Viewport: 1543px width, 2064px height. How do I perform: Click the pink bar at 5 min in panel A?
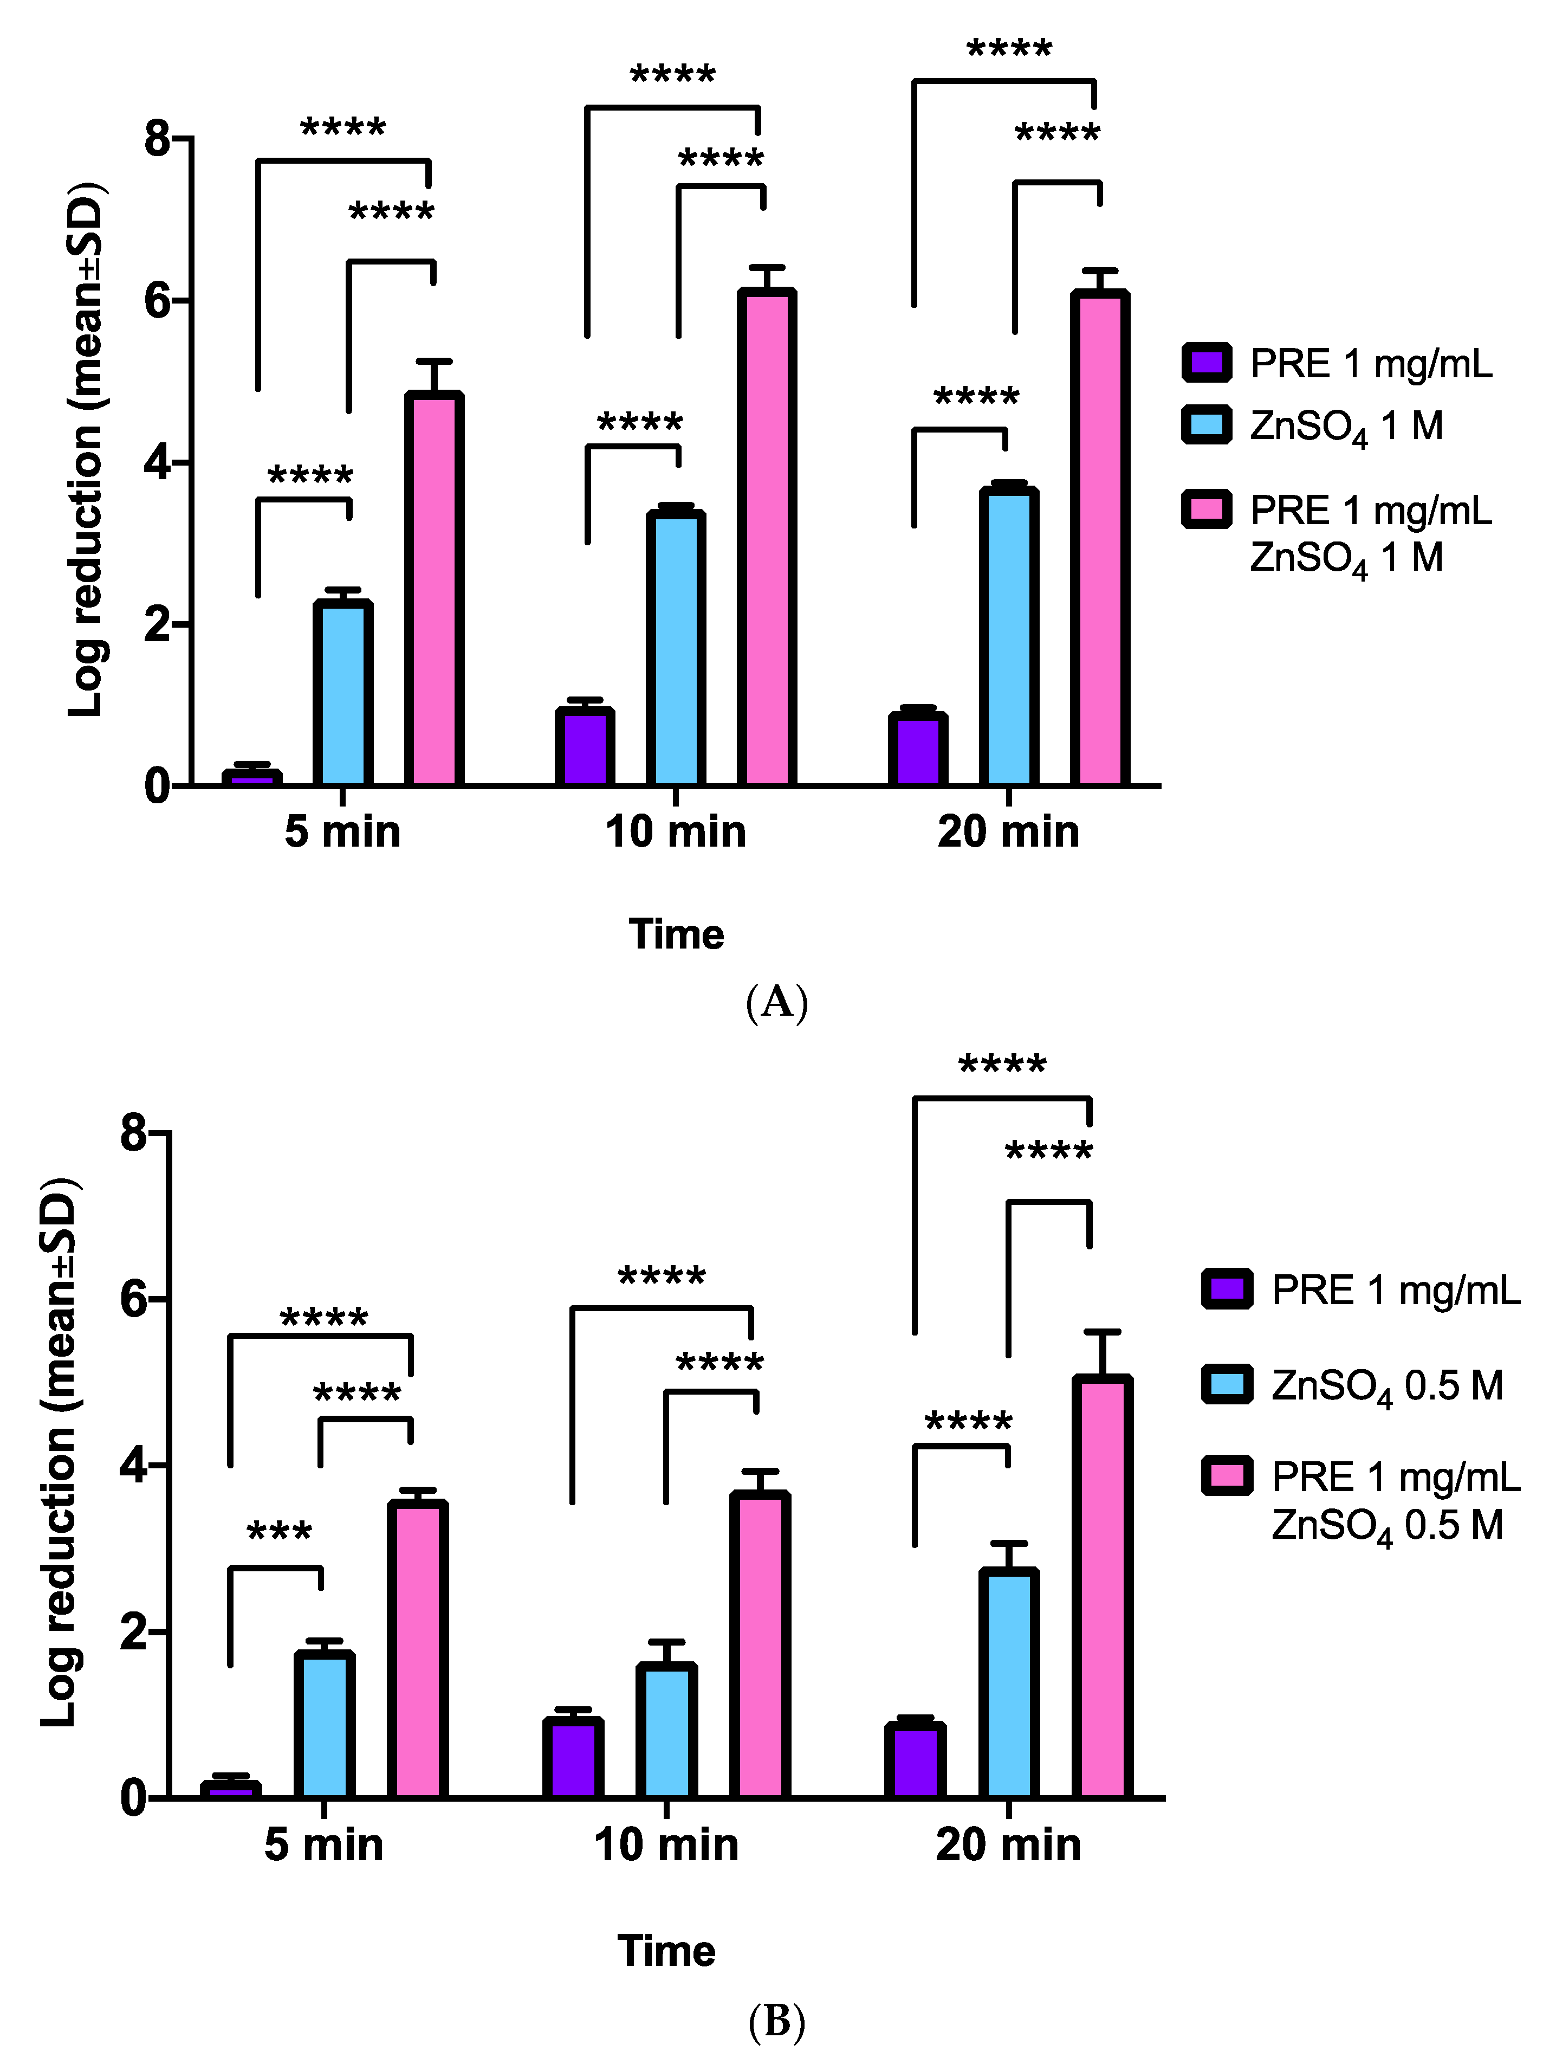pos(434,590)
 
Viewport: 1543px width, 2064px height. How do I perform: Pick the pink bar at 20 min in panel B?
pos(1102,1586)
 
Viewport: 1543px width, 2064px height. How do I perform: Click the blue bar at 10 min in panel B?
pos(666,1731)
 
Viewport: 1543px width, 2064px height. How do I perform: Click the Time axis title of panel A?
pos(676,934)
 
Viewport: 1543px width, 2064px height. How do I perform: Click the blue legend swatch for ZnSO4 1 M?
pos(1207,424)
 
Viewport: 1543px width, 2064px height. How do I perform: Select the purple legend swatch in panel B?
pos(1227,1289)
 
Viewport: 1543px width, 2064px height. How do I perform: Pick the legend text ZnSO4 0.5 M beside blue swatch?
pos(1387,1385)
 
